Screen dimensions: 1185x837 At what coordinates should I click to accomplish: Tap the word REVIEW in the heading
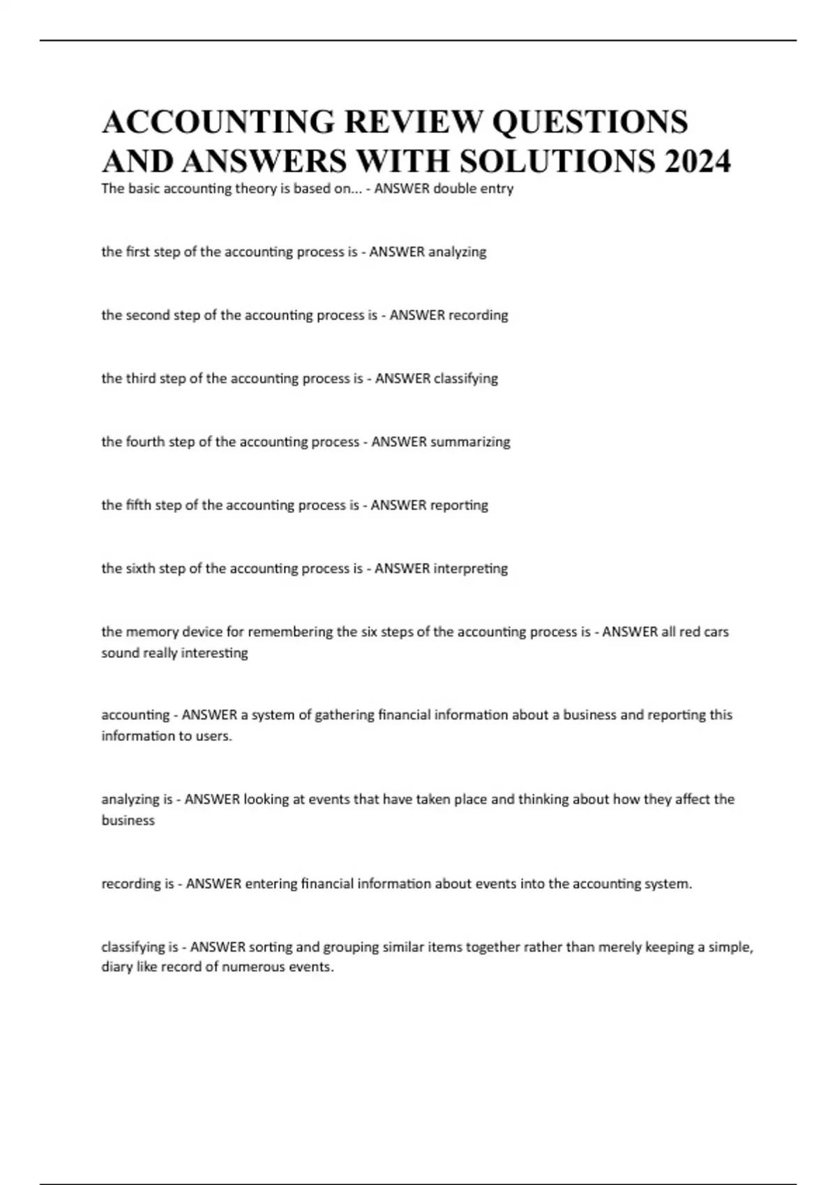tap(413, 122)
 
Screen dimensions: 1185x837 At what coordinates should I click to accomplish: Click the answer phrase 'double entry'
tap(474, 189)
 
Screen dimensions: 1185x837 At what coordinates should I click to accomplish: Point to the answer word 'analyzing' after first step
tap(457, 252)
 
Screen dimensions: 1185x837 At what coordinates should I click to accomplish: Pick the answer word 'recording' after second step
tap(478, 315)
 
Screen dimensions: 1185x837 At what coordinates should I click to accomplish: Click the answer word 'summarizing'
tap(470, 442)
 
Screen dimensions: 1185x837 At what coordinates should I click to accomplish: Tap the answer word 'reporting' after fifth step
tap(459, 505)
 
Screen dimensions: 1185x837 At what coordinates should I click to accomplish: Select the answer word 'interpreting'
tap(471, 569)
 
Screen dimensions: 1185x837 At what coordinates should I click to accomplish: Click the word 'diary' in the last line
tap(117, 968)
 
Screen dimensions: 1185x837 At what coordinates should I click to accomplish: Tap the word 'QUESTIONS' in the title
tap(590, 122)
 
